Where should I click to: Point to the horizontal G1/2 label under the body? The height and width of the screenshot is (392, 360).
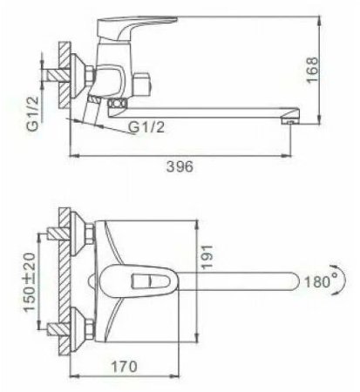click(x=146, y=127)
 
